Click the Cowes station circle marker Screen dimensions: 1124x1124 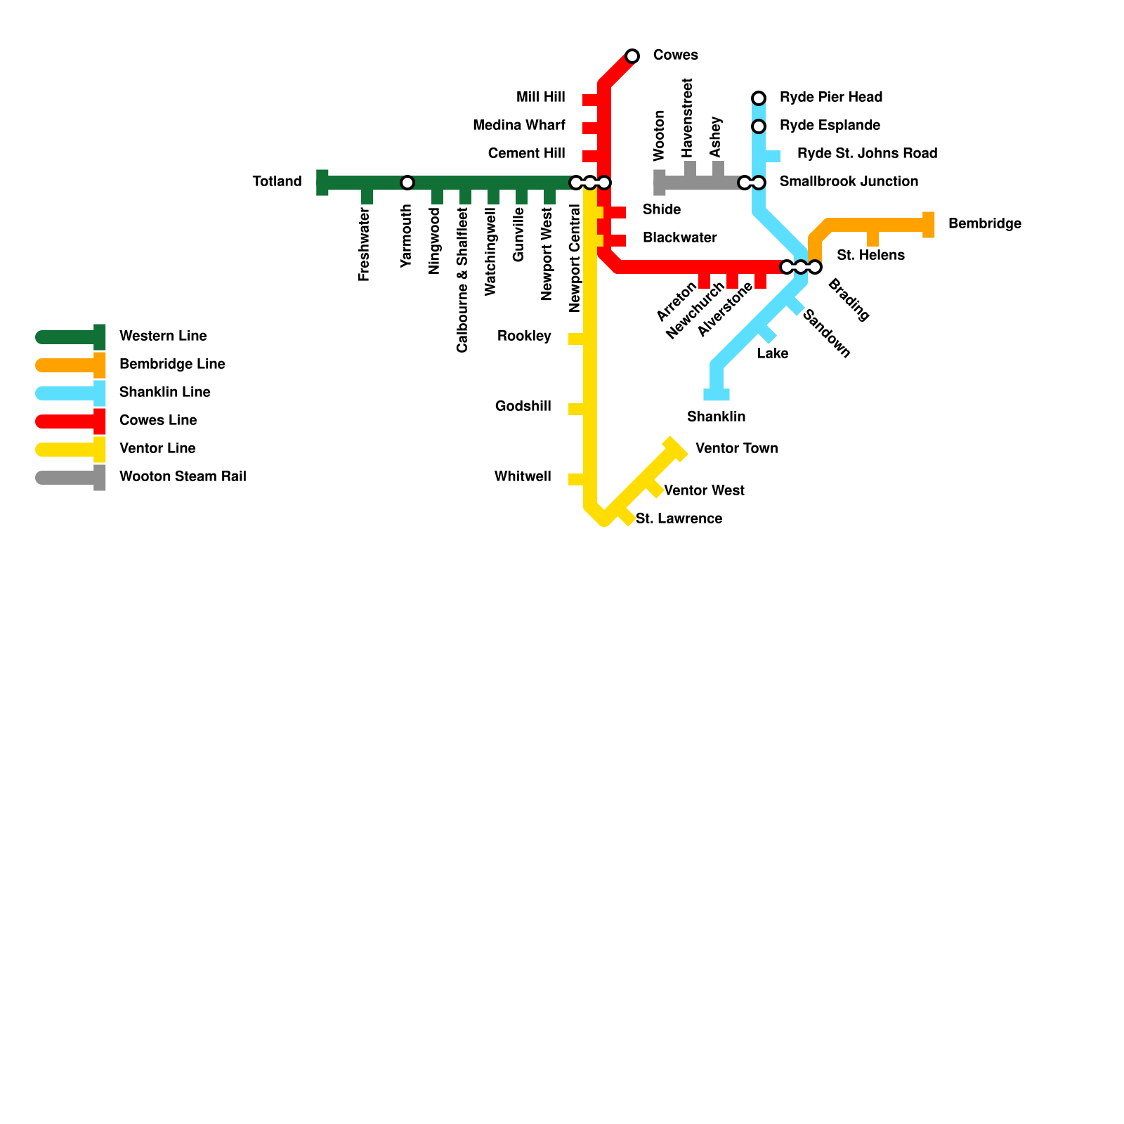[x=632, y=56]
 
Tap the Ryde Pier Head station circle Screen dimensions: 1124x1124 [x=759, y=98]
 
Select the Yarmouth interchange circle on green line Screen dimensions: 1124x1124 [x=407, y=183]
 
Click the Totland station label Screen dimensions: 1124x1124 [x=277, y=182]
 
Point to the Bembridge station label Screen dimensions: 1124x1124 [x=984, y=224]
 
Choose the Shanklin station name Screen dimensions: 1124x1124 [x=716, y=417]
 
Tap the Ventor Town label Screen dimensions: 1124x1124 [x=736, y=448]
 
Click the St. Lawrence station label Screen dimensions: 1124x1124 [x=679, y=518]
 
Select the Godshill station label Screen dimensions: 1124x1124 [x=523, y=406]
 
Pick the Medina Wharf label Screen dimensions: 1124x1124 [x=518, y=126]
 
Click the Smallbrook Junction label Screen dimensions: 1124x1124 [x=849, y=182]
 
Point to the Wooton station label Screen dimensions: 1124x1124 [x=659, y=136]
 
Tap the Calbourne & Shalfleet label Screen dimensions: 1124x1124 [x=462, y=280]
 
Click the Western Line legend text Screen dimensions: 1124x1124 [x=163, y=336]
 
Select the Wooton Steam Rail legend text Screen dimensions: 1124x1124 [x=183, y=476]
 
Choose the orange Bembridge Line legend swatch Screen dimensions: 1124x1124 [x=70, y=365]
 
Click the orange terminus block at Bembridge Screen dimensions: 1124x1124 [x=928, y=225]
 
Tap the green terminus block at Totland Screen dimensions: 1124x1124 [x=322, y=183]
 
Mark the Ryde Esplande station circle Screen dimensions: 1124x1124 [x=759, y=126]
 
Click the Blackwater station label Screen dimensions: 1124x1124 [x=679, y=237]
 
